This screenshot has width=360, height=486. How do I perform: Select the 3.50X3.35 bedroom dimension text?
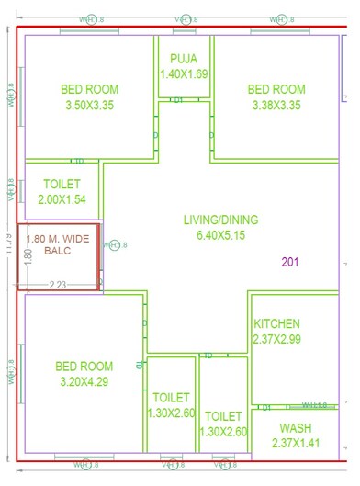(90, 106)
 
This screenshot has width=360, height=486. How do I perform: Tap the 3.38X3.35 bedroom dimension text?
(276, 106)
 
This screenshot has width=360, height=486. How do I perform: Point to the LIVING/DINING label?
(220, 220)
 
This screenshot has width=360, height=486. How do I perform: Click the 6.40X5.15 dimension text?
(220, 236)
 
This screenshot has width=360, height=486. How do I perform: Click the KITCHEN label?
(276, 323)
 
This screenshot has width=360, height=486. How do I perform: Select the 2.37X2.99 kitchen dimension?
(276, 340)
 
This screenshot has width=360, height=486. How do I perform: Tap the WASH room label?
(296, 428)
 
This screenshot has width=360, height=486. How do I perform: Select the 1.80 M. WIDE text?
(59, 239)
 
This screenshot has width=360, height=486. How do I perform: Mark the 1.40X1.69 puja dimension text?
(184, 74)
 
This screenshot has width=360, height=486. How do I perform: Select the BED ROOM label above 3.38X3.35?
(276, 89)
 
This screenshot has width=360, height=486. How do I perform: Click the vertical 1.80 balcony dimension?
(28, 255)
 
